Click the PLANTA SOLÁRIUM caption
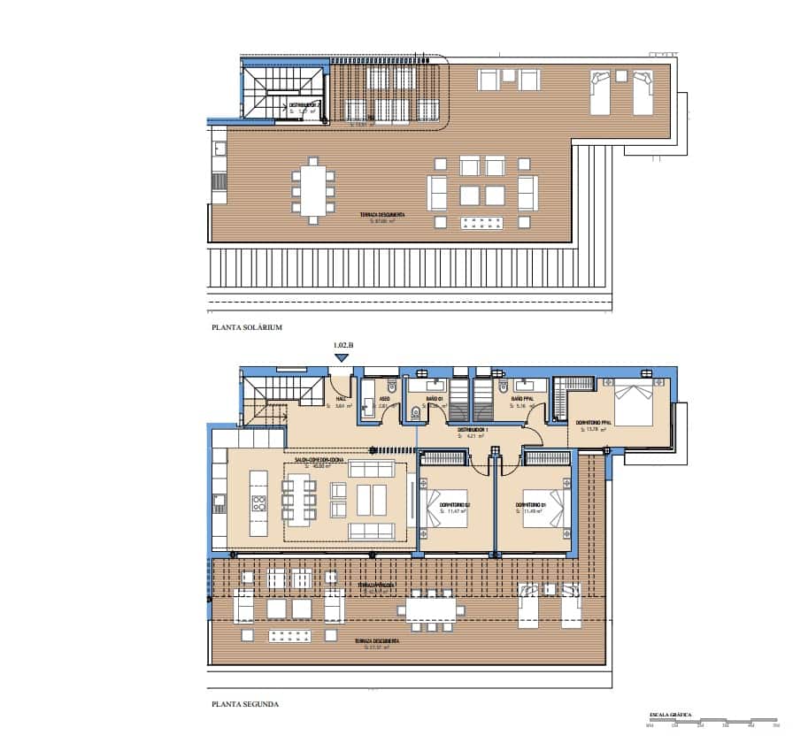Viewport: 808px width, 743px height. [246, 327]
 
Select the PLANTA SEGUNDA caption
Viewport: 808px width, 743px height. [245, 704]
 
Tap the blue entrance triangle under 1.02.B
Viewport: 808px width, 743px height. [342, 357]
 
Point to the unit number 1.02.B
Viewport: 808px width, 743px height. [342, 346]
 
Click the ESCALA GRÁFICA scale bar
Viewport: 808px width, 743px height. [712, 719]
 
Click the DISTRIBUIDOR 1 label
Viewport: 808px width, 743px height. [470, 429]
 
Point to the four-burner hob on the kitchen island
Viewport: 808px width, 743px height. [259, 504]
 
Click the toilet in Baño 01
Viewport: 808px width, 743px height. [416, 410]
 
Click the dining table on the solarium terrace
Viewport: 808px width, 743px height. [311, 190]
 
